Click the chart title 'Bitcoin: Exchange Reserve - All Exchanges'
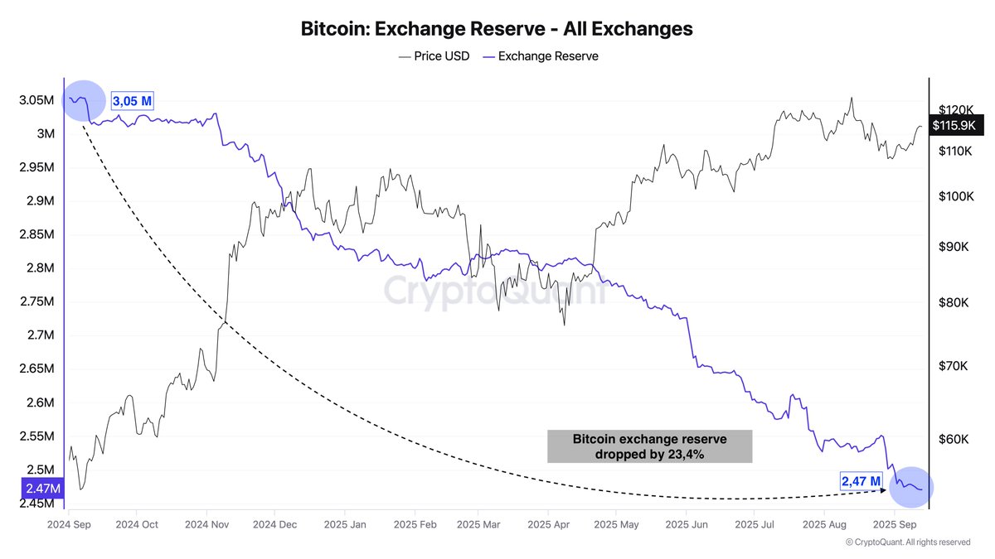(x=496, y=29)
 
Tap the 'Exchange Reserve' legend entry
(x=541, y=56)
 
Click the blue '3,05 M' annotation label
(x=133, y=102)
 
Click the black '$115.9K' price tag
(x=956, y=126)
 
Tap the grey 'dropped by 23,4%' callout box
(x=649, y=446)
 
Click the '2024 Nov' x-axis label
(x=206, y=525)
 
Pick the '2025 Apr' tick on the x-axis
(x=549, y=525)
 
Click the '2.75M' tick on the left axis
(x=36, y=302)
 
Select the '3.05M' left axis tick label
(x=36, y=100)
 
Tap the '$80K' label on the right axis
(x=954, y=303)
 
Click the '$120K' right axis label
(x=956, y=109)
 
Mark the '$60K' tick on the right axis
(x=954, y=439)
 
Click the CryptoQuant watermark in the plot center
(x=495, y=292)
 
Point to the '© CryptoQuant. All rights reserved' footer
(x=907, y=542)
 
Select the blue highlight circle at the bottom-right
(x=910, y=488)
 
